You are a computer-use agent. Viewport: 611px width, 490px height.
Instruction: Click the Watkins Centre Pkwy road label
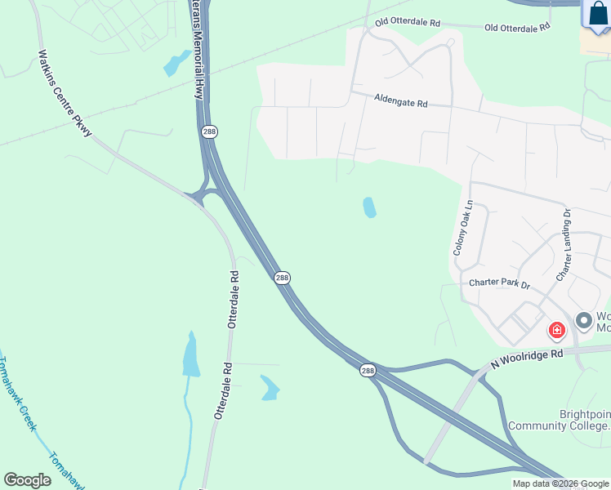tap(65, 93)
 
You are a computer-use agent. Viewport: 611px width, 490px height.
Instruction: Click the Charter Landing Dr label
tap(564, 244)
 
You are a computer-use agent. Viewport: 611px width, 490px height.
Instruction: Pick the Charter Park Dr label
tap(499, 284)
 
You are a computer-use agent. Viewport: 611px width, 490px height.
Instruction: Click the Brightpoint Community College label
tap(560, 420)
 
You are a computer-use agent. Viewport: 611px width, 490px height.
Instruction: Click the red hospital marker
tap(557, 330)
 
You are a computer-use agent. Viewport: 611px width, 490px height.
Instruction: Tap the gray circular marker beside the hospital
tap(583, 320)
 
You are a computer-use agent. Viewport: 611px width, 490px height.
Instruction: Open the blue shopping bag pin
tap(598, 16)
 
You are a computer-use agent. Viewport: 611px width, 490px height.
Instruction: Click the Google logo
tap(27, 480)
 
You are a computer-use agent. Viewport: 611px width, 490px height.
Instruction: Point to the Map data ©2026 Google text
tap(560, 483)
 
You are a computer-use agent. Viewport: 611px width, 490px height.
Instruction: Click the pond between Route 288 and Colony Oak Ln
tap(369, 207)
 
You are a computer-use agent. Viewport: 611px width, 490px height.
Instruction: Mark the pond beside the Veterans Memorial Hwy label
tap(174, 64)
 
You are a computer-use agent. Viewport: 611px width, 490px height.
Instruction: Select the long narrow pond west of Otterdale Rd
tap(191, 356)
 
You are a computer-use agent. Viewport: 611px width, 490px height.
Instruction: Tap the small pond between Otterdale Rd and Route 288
tap(270, 387)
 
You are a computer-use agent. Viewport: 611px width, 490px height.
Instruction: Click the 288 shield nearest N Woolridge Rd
tap(368, 371)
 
